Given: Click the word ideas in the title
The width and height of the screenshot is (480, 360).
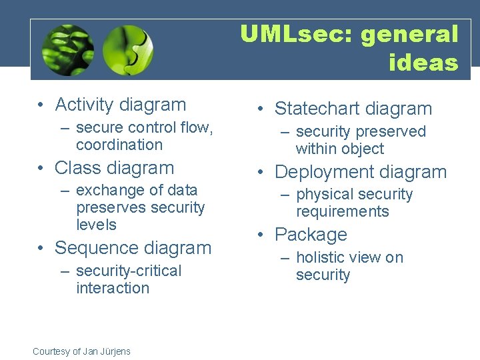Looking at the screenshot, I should coord(423,63).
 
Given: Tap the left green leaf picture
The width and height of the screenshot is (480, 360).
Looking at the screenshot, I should coord(67,50).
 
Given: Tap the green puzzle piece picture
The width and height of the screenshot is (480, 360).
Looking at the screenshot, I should coord(129,50).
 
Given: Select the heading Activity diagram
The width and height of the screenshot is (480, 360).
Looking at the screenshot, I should coord(120,105).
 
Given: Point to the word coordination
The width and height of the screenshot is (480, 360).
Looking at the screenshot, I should coord(119,145).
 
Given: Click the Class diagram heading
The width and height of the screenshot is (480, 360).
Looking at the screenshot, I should coord(114,167).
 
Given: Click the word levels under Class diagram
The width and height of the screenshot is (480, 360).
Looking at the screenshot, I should coord(97,225).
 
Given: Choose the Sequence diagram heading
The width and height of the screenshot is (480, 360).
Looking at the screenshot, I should coord(133,247).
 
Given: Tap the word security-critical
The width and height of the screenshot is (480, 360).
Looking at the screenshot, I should coord(129,271).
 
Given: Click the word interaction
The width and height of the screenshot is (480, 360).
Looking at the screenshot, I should coord(113,288).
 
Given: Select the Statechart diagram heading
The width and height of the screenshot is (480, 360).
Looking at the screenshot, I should coord(353,109).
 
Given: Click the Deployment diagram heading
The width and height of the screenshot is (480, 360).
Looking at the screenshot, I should coord(361,171).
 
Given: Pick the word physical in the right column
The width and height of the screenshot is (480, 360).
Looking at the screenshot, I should coord(325,195).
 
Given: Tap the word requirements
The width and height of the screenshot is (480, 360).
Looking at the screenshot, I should coord(342,212).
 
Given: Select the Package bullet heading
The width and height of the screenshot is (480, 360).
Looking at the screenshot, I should coord(311,235).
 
